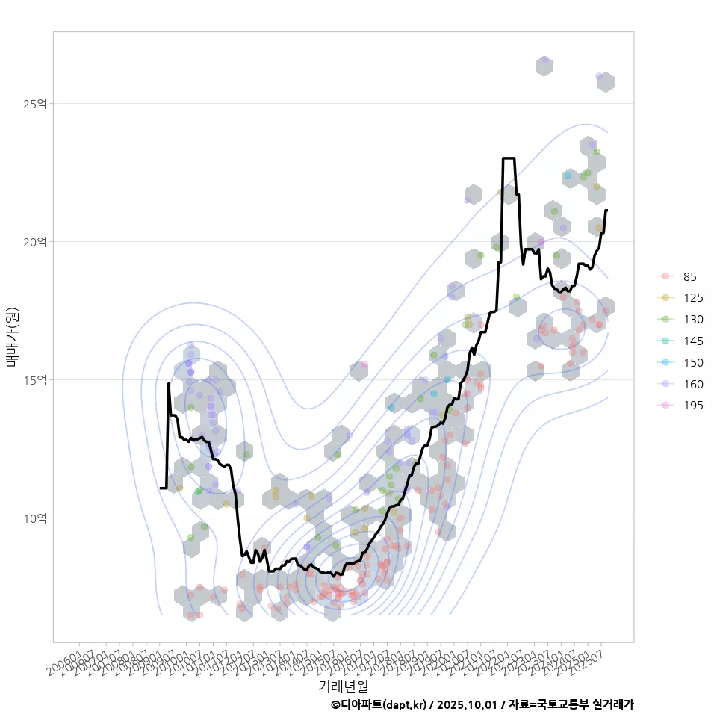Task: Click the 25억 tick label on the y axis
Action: (34, 104)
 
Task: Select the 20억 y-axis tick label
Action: (34, 242)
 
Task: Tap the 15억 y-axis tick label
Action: (34, 380)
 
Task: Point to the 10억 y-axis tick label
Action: (34, 518)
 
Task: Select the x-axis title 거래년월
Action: (343, 686)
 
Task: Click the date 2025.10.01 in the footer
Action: (467, 704)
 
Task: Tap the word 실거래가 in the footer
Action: (612, 704)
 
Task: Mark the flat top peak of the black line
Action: (509, 158)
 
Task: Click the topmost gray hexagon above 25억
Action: (544, 66)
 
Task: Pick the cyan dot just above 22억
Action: (568, 176)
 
